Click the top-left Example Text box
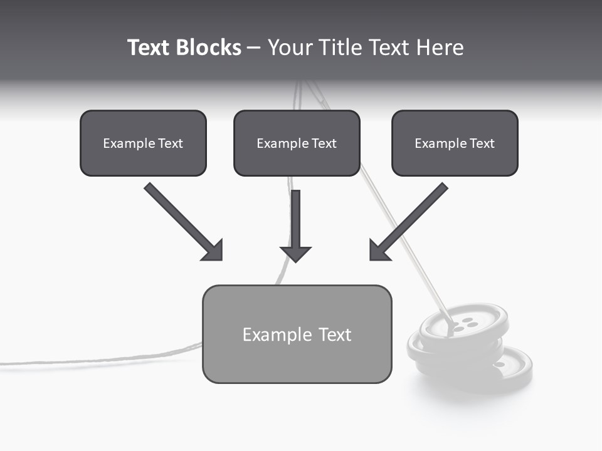point(143,143)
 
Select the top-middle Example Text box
point(297,143)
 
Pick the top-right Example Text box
point(455,143)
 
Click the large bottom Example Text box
point(297,334)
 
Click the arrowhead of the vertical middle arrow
point(295,254)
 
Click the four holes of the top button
point(465,324)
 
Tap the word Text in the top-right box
point(482,143)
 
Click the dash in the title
point(254,48)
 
